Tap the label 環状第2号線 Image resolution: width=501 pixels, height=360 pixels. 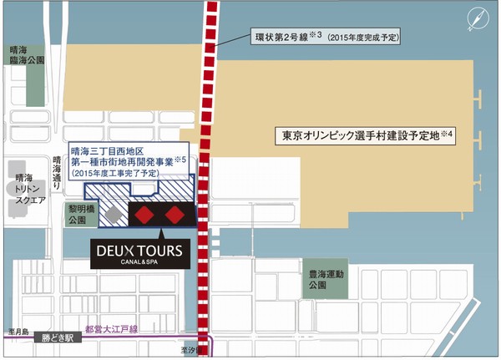click(278, 38)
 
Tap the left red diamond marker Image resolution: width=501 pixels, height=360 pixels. click(145, 215)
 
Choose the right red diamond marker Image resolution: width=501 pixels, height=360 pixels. click(175, 215)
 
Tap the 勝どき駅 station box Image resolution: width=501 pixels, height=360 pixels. click(61, 340)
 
